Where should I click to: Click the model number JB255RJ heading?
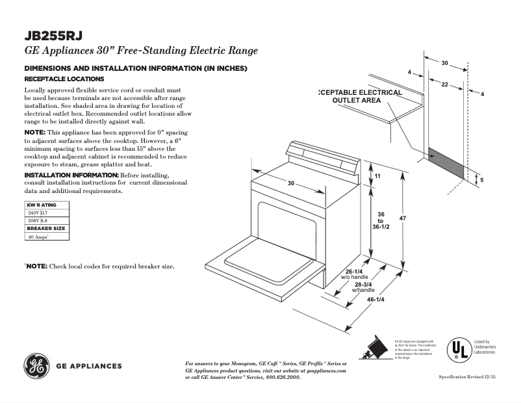[x=53, y=36]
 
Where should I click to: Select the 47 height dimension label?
[x=403, y=218]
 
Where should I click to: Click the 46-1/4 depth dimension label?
[x=375, y=300]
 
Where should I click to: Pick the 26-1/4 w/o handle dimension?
[x=354, y=274]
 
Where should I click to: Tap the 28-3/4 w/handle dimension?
[x=363, y=287]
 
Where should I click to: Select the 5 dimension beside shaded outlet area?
[x=481, y=179]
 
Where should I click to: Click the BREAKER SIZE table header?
[x=45, y=229]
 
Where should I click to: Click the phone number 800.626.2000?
[x=279, y=377]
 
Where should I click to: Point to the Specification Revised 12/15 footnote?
[x=467, y=377]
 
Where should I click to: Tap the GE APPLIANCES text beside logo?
[x=88, y=366]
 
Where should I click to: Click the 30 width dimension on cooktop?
[x=291, y=183]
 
